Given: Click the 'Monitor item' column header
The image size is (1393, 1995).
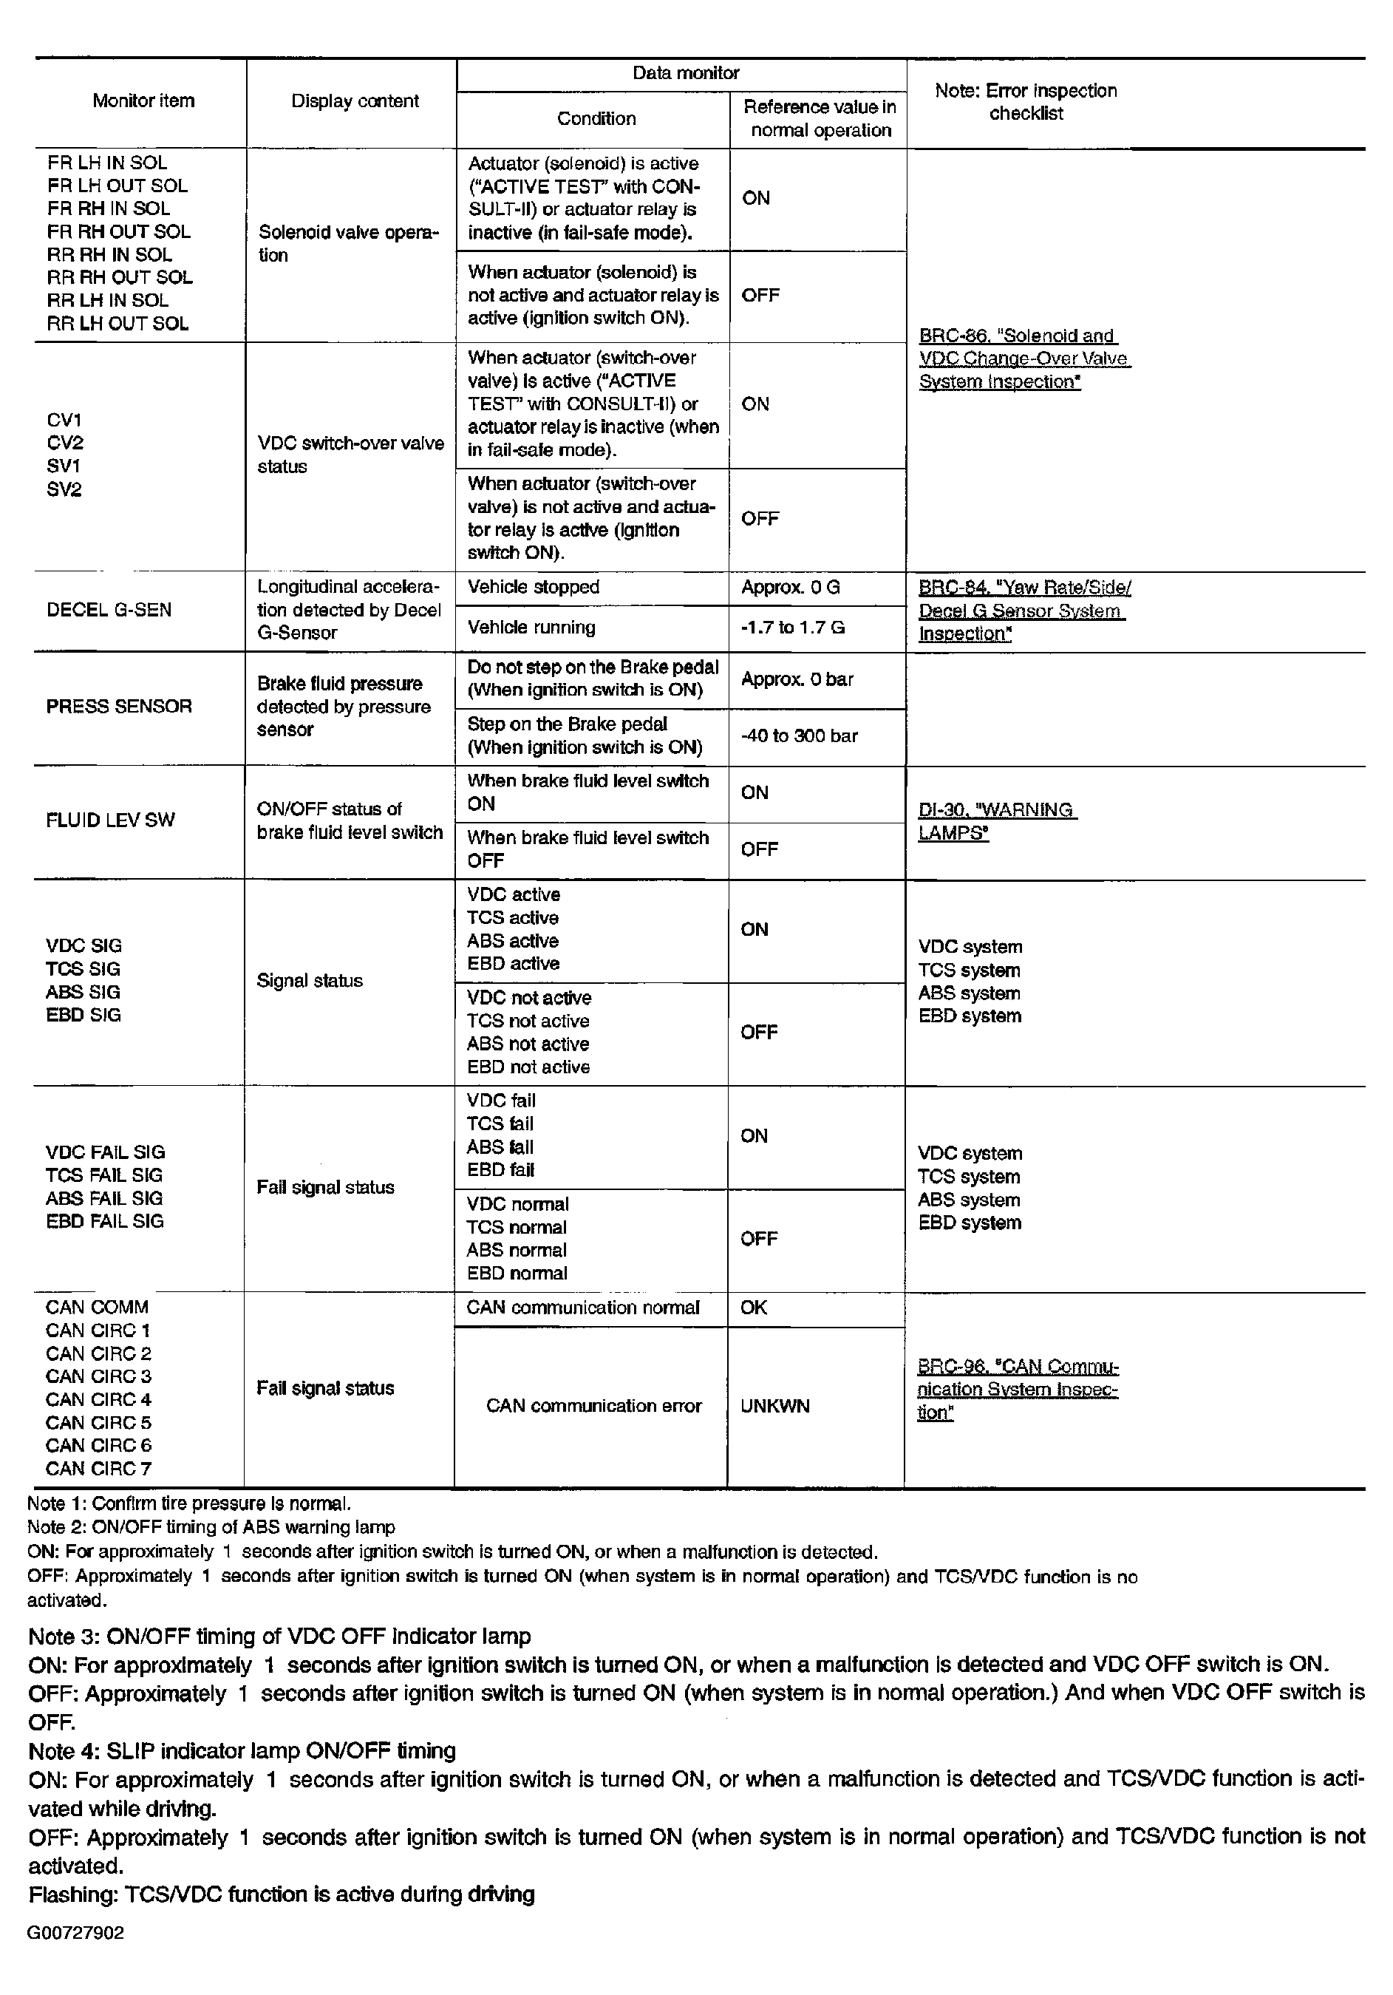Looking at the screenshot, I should [143, 101].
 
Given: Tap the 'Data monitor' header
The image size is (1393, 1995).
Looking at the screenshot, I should [685, 73].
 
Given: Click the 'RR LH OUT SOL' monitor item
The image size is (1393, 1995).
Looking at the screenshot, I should [117, 323].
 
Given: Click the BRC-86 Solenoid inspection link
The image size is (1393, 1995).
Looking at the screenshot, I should [1023, 358].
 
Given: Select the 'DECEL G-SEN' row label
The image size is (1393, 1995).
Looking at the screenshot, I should [109, 610].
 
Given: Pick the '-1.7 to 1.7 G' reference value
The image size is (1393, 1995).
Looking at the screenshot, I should [792, 628].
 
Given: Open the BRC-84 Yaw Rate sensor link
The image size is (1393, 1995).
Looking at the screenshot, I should [1023, 610].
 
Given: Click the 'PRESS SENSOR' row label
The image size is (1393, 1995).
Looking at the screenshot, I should [119, 707].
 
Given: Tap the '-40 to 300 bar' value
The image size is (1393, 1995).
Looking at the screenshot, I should [799, 736].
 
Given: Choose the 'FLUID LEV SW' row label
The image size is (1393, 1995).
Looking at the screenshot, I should [110, 820].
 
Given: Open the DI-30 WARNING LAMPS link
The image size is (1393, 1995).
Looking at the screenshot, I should [995, 821].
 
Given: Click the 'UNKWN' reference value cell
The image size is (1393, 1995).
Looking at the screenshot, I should [774, 1406].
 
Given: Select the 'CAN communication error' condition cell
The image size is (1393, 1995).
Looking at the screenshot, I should [593, 1406].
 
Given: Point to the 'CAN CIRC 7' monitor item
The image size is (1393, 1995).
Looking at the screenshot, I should [98, 1469].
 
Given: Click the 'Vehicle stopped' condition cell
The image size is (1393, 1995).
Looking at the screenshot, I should [534, 588].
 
